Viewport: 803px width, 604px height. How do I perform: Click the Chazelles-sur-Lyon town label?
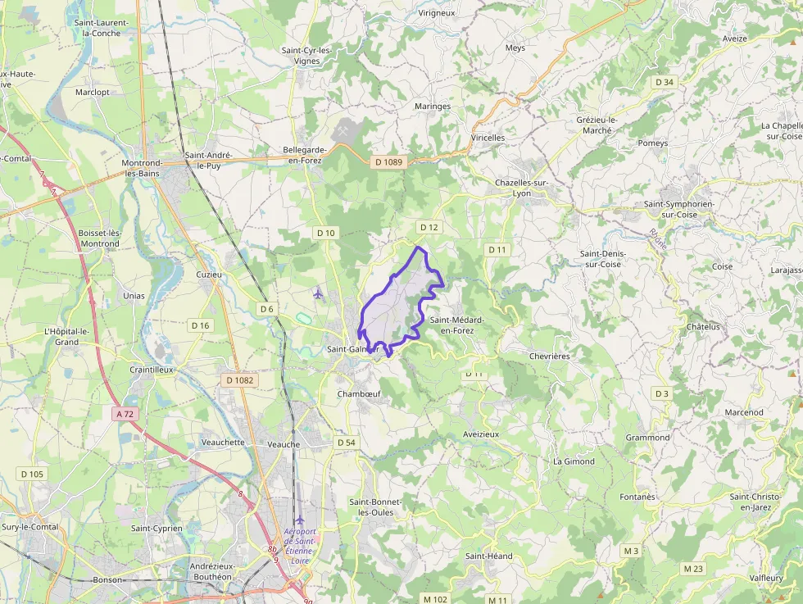point(524,188)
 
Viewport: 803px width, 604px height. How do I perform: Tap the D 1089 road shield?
point(388,162)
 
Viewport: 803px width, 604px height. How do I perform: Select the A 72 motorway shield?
point(125,415)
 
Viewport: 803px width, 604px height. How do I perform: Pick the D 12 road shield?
point(429,227)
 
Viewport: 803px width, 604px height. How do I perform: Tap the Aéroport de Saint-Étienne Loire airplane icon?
point(300,520)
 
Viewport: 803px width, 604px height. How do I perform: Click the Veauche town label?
point(284,444)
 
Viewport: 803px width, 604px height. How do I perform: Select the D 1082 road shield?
point(240,380)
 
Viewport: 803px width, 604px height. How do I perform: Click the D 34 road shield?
point(665,82)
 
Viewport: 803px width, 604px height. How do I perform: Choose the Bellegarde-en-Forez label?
point(305,155)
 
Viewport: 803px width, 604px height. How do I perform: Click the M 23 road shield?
point(693,568)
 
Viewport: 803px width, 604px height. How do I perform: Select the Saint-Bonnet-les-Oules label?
point(371,506)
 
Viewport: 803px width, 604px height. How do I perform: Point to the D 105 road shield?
point(32,475)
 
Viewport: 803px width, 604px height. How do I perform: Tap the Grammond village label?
point(647,438)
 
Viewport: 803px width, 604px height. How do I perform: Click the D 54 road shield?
point(346,443)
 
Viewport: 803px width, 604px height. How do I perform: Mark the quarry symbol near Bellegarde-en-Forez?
point(343,128)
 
